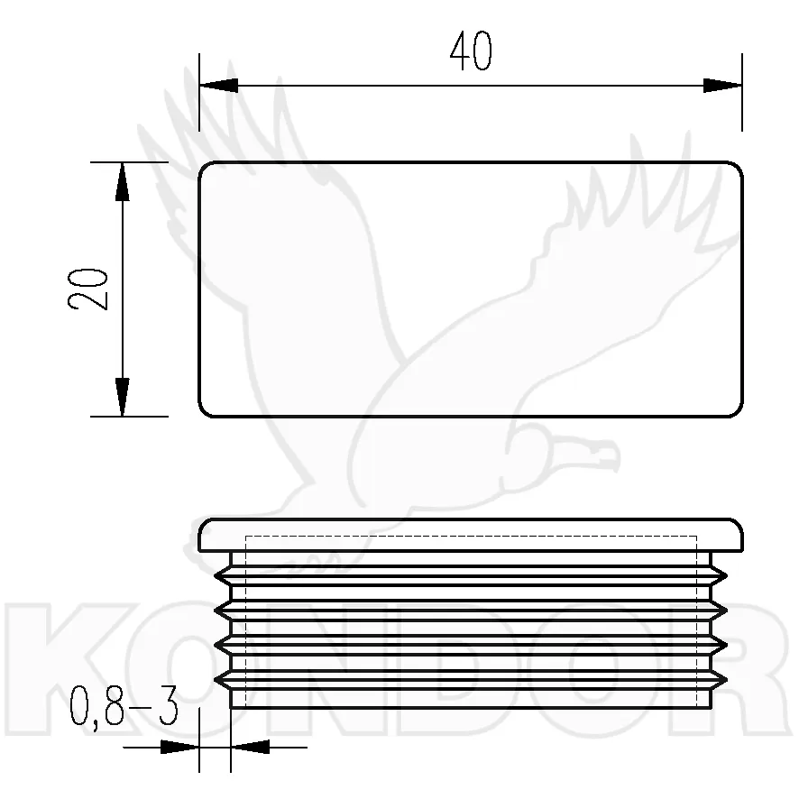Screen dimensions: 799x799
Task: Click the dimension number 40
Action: (471, 51)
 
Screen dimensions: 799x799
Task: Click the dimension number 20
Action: (88, 289)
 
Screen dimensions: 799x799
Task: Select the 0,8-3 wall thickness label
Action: (124, 707)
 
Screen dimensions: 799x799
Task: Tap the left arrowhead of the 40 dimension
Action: (218, 86)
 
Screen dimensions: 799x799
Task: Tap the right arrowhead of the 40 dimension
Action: (722, 86)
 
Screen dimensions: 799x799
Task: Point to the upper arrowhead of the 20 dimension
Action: (123, 181)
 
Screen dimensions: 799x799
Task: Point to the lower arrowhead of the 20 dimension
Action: (123, 397)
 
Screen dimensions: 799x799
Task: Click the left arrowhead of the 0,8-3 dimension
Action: (179, 748)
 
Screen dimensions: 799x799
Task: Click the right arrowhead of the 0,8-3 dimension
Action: (250, 748)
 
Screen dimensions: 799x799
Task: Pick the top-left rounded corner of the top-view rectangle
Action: (203, 167)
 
